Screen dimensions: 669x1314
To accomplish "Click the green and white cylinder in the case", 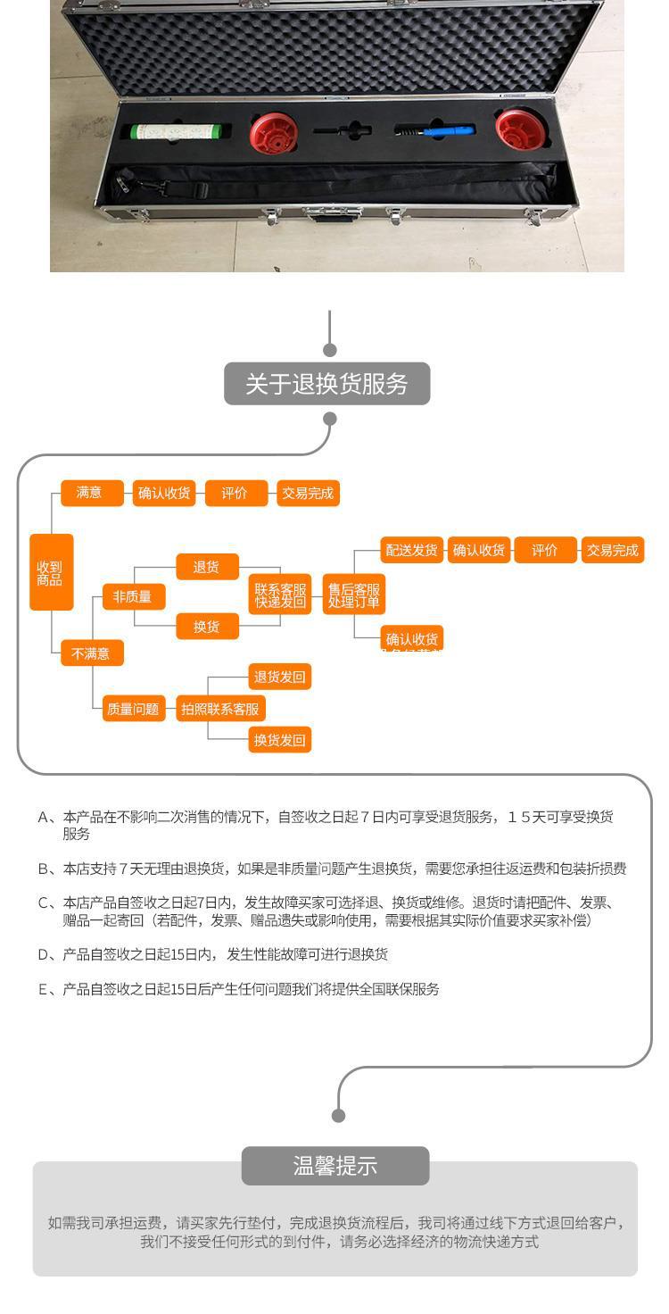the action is pyautogui.click(x=177, y=131).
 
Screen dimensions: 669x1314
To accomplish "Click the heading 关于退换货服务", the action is pyautogui.click(x=326, y=384).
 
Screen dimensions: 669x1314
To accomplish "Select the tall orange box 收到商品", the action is pyautogui.click(x=51, y=572).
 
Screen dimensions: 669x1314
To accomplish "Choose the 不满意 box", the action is pyautogui.click(x=91, y=653).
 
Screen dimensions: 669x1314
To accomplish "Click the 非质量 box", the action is pyautogui.click(x=133, y=597).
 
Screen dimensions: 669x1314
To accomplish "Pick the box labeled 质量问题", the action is pyautogui.click(x=133, y=709).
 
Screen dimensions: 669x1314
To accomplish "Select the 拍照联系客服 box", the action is pyautogui.click(x=220, y=709).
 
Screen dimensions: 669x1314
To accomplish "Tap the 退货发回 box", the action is pyautogui.click(x=280, y=678).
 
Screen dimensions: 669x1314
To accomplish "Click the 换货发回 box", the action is pyautogui.click(x=280, y=740).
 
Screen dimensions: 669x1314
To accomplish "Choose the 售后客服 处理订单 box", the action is pyautogui.click(x=353, y=595).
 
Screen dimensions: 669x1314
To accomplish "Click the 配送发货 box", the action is pyautogui.click(x=411, y=550).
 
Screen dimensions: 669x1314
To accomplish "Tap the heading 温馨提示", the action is pyautogui.click(x=335, y=1166).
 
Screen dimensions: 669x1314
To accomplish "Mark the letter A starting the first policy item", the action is pyautogui.click(x=44, y=817).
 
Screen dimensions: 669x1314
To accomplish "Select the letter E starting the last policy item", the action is pyautogui.click(x=43, y=989).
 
